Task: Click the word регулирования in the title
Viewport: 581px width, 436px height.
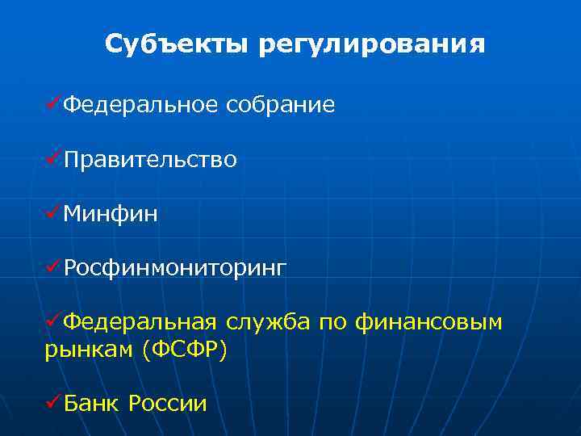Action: (372, 44)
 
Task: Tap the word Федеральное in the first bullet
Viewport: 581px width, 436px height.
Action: (140, 105)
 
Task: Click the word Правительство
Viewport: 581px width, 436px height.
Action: (150, 160)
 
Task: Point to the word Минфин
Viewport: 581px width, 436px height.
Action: (111, 214)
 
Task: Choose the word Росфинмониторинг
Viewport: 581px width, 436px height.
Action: (174, 268)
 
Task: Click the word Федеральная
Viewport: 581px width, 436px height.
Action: (140, 323)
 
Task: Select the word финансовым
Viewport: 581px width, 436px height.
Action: (432, 323)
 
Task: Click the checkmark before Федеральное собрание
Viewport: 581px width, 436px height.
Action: (54, 104)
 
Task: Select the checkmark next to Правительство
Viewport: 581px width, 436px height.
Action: (54, 159)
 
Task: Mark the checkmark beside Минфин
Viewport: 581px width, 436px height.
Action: (54, 213)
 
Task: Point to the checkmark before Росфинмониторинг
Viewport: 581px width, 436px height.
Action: (54, 267)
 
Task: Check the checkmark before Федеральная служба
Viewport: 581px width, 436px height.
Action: (54, 322)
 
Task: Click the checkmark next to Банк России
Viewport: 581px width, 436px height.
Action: (54, 401)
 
